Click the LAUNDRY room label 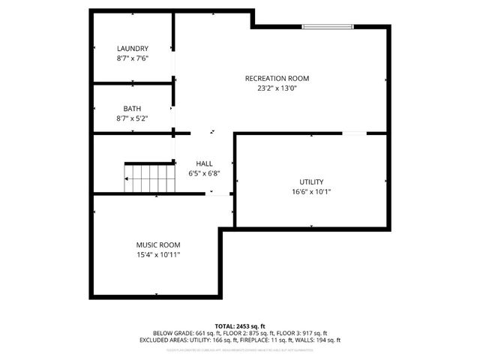(133, 48)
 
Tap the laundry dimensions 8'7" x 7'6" (133, 58)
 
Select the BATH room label (133, 109)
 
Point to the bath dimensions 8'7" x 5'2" (133, 118)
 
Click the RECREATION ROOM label (277, 78)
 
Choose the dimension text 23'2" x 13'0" (277, 88)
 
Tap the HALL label (204, 163)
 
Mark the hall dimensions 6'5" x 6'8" (204, 173)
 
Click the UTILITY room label (311, 181)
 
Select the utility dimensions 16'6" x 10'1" (311, 191)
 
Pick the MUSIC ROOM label (157, 244)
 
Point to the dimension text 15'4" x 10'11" (157, 254)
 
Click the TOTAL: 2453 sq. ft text (240, 325)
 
